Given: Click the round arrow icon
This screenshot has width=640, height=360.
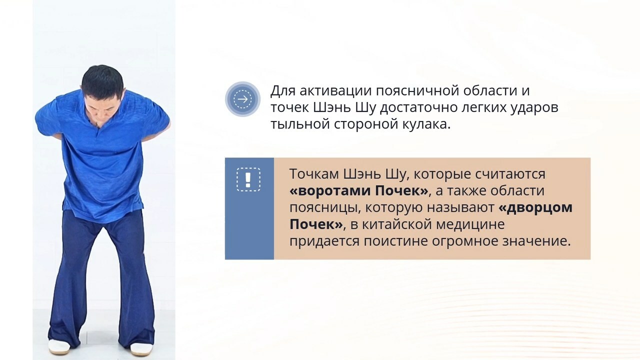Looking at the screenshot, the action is click(242, 99).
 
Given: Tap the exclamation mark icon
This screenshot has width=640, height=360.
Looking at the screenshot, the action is click(248, 179).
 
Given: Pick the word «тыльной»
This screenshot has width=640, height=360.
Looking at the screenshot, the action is click(300, 124).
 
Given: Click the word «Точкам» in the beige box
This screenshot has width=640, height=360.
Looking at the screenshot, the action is click(313, 173).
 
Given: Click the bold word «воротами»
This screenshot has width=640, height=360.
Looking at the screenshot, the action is click(334, 191).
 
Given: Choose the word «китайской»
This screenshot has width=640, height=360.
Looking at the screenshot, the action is click(396, 224).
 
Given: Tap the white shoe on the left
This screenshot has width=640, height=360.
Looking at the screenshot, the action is click(59, 346).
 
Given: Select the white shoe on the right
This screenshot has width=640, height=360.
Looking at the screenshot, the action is click(141, 349).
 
